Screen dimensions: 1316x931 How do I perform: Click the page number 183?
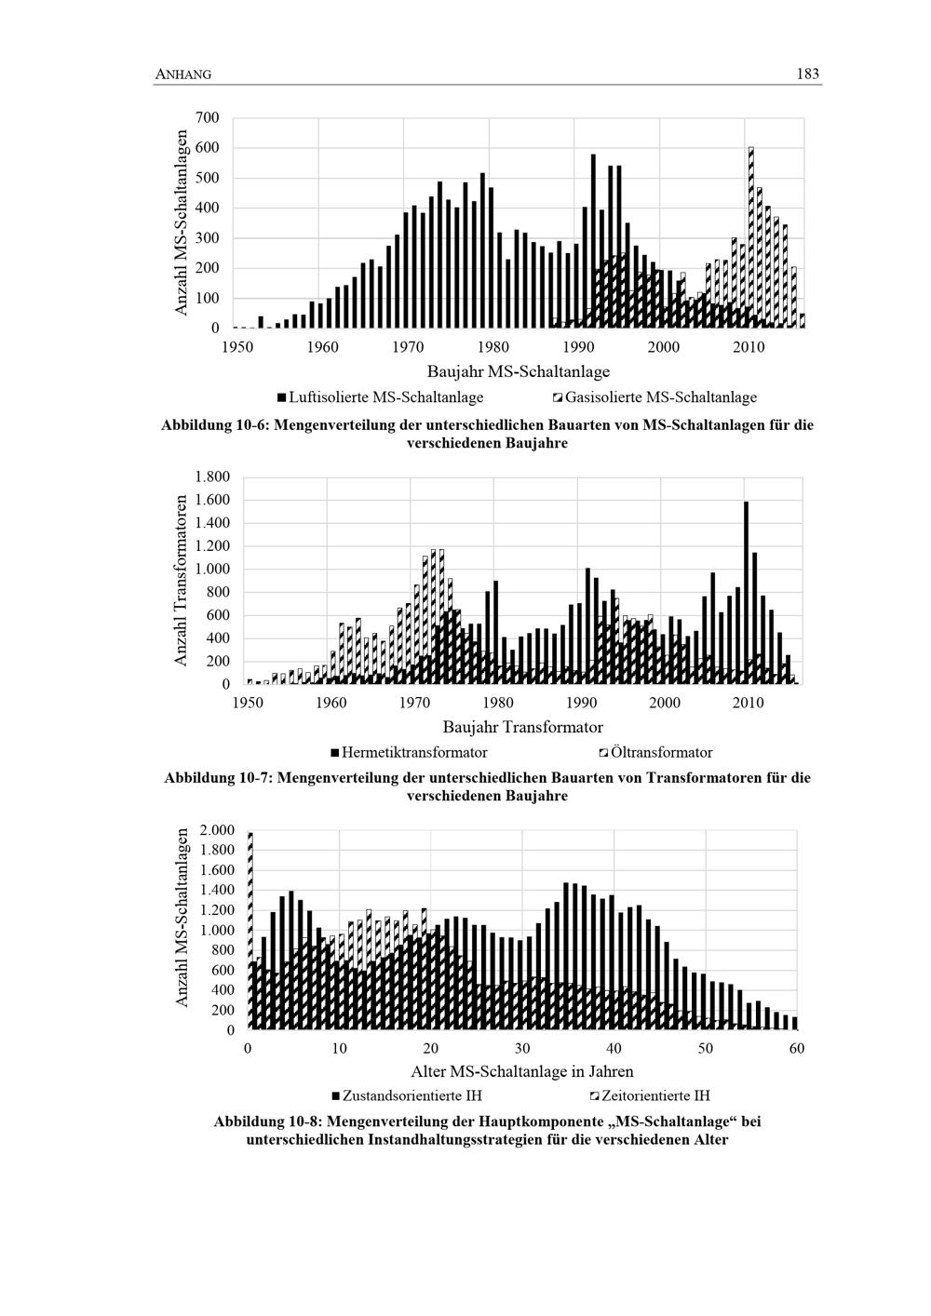(808, 74)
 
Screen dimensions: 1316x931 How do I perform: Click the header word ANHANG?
(182, 75)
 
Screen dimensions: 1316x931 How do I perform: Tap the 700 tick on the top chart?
(208, 117)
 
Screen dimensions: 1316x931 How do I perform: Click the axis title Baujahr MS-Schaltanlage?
(519, 372)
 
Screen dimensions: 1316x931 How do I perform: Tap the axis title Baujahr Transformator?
(522, 727)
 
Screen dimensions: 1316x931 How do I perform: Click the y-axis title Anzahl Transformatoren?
(182, 580)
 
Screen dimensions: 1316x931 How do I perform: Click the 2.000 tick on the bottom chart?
(216, 829)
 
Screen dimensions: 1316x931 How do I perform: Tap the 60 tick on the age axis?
(796, 1049)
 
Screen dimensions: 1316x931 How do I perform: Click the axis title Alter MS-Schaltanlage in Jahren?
(522, 1071)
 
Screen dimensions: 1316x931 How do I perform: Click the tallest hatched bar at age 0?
(250, 931)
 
